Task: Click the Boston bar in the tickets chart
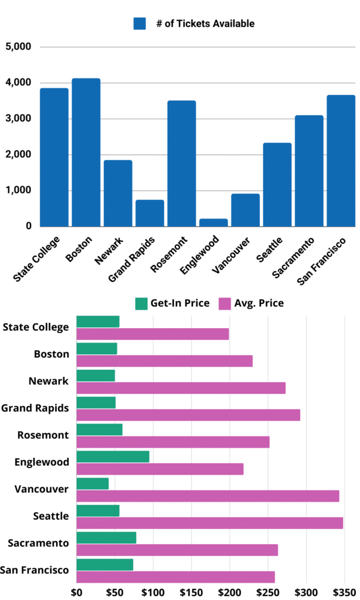pyautogui.click(x=86, y=152)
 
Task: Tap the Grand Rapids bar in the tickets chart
pyautogui.click(x=150, y=213)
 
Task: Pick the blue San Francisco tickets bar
pyautogui.click(x=341, y=161)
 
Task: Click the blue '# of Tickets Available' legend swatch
pyautogui.click(x=140, y=23)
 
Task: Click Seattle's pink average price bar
pyautogui.click(x=209, y=523)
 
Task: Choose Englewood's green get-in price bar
pyautogui.click(x=113, y=456)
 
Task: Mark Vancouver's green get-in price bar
pyautogui.click(x=93, y=483)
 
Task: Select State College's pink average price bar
pyautogui.click(x=152, y=334)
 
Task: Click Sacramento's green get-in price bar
pyautogui.click(x=106, y=537)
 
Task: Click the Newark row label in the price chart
pyautogui.click(x=49, y=381)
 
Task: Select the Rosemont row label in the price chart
pyautogui.click(x=44, y=435)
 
